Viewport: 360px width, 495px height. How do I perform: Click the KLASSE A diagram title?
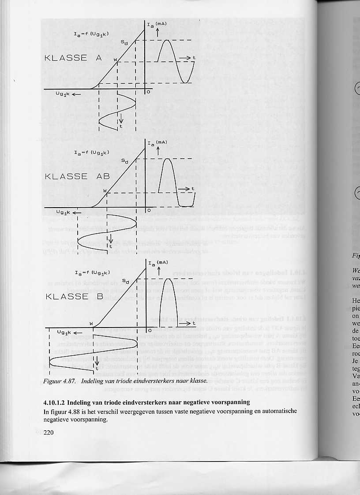[x=73, y=58]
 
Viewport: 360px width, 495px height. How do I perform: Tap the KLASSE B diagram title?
[x=74, y=296]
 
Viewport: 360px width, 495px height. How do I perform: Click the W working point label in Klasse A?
[x=115, y=60]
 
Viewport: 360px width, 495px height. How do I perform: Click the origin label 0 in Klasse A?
[x=149, y=93]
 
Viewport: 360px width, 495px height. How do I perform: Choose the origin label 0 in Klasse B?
[x=149, y=329]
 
